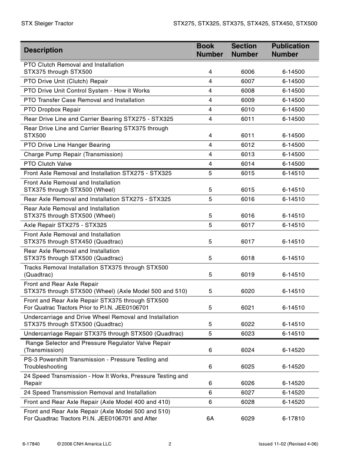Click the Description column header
[x=44, y=51]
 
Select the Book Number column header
[x=209, y=50]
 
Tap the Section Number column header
[x=245, y=50]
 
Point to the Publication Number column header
[x=290, y=50]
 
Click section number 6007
[x=247, y=81]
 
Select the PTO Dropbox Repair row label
[x=52, y=110]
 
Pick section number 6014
[x=247, y=164]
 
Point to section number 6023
[x=247, y=334]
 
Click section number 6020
[x=247, y=291]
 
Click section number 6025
[x=247, y=367]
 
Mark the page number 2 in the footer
[x=170, y=444]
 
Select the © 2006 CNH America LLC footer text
[x=84, y=444]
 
